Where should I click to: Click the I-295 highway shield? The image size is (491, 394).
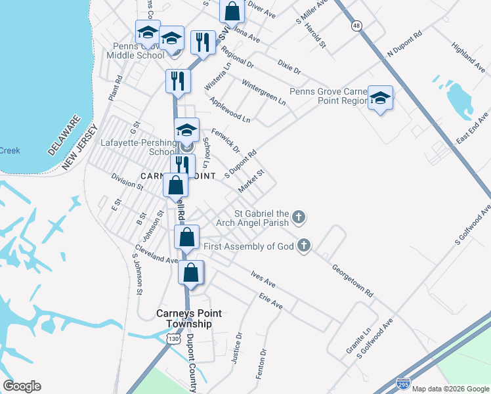click(404, 382)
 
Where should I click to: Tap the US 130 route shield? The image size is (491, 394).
click(173, 338)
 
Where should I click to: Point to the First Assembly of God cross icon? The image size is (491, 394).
click(303, 246)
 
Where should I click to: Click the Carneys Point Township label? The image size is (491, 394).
click(184, 318)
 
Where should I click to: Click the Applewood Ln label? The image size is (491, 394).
click(230, 110)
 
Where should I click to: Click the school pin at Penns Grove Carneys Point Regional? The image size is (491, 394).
click(380, 98)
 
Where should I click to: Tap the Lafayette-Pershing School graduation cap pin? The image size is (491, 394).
click(186, 130)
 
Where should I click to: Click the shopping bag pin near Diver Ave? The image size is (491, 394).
click(232, 11)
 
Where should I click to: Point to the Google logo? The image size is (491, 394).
click(22, 386)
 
